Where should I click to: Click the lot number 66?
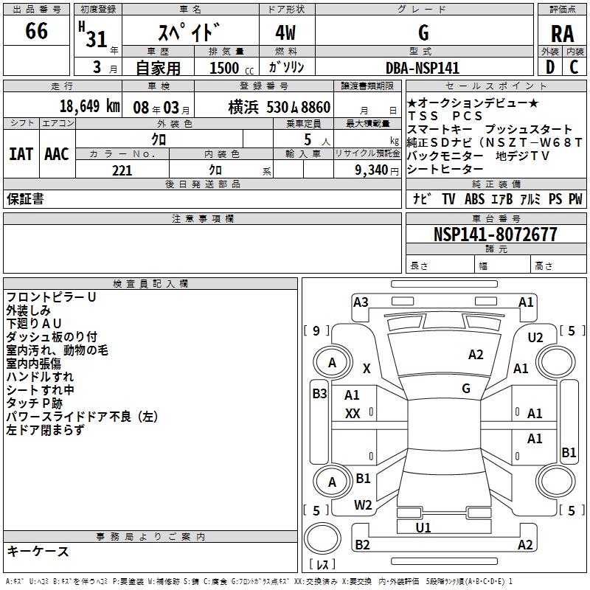coord(36,32)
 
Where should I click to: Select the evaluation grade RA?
coord(562,34)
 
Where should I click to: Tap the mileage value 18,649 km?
coord(89,106)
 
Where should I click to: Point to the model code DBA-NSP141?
coord(423,68)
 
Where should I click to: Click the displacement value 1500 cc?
coord(230,68)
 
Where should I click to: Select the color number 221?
coord(122,170)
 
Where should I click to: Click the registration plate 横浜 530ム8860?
coord(268,106)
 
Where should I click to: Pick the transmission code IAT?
coord(21,154)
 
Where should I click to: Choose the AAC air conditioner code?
coord(57,154)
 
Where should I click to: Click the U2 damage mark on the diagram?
coord(535,337)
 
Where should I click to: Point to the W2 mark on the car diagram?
coord(363,505)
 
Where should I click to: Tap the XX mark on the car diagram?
coord(353,414)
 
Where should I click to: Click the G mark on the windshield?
coord(466,388)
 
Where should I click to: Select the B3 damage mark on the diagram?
coord(319,394)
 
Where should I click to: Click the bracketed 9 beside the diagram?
coord(316,330)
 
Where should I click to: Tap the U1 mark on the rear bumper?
coord(423,527)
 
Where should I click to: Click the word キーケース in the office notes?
coord(38,551)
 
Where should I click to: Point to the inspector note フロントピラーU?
coord(51,296)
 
